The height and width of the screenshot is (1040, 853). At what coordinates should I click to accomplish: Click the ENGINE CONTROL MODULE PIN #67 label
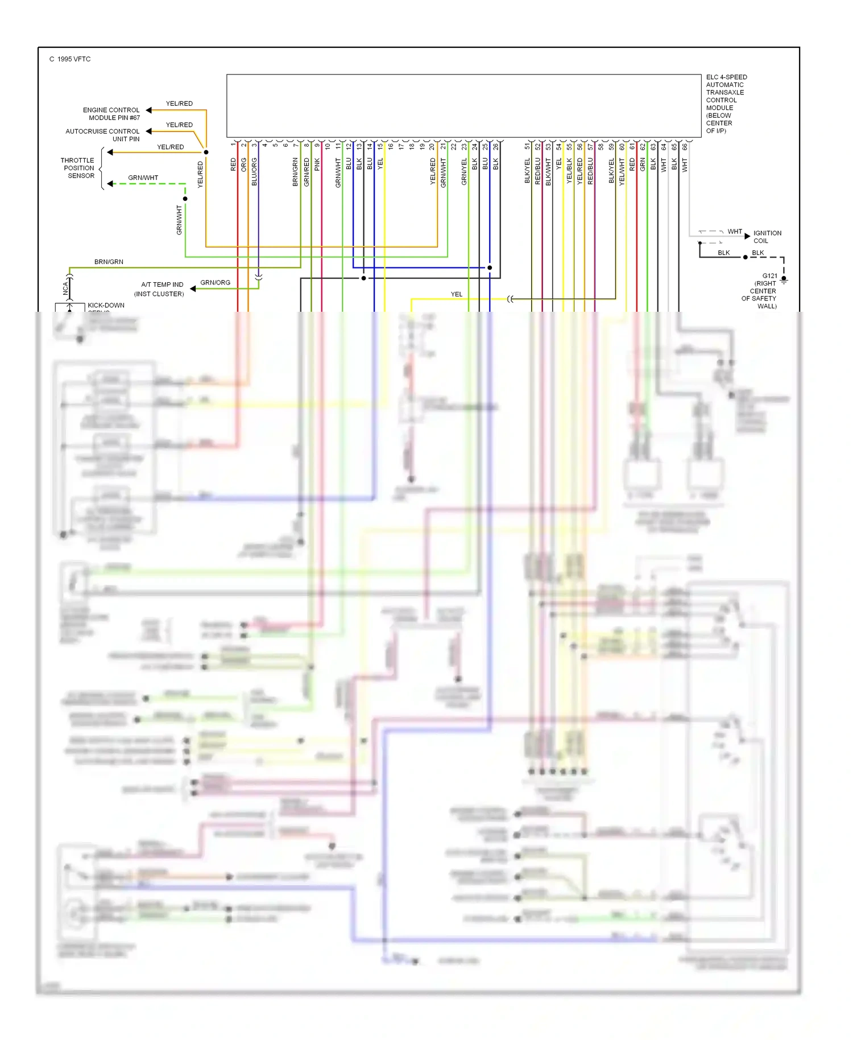[111, 114]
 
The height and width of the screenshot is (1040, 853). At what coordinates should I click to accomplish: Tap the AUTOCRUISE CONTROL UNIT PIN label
[103, 135]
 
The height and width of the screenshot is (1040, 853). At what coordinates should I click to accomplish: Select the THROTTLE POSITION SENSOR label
[78, 168]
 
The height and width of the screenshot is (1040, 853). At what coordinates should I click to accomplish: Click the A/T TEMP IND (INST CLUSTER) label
[160, 289]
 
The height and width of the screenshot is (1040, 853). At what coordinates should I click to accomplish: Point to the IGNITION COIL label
[767, 237]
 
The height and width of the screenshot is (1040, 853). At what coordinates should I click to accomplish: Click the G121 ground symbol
[784, 280]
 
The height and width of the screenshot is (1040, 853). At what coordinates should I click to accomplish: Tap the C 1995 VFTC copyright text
[70, 59]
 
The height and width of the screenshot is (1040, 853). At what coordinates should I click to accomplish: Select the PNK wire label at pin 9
[317, 165]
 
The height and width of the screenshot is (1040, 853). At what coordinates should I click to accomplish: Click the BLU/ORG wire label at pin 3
[254, 172]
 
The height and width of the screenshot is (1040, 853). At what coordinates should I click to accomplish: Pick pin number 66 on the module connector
[685, 147]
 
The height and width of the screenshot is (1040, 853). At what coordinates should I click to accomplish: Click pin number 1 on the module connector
[233, 145]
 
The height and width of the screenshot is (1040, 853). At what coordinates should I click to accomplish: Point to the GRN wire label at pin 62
[643, 165]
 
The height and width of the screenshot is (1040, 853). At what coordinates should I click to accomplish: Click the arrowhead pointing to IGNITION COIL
[747, 236]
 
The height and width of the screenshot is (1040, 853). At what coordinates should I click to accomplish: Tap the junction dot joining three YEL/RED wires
[206, 152]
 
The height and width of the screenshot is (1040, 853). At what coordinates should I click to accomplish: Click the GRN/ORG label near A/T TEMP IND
[215, 283]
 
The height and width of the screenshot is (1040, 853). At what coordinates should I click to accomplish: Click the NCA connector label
[65, 288]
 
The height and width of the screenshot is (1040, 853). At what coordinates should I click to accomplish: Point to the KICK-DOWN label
[106, 306]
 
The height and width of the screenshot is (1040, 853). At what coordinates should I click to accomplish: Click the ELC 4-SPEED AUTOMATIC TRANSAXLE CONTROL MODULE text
[726, 104]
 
